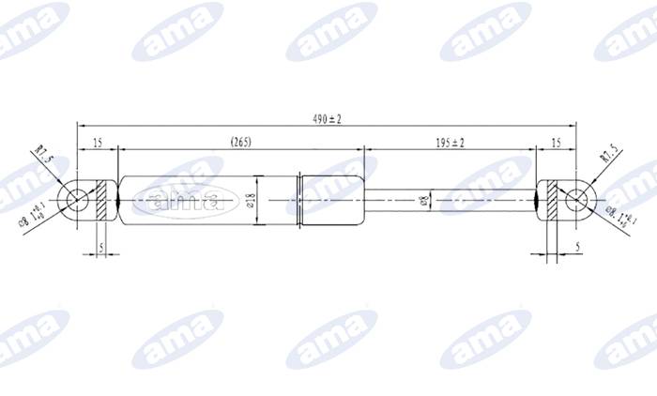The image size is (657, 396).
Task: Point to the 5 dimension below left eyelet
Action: click(x=99, y=248)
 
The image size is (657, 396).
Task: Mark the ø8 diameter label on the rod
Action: click(x=424, y=200)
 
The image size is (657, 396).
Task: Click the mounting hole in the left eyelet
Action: click(x=75, y=199)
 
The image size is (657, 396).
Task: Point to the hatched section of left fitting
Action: click(x=103, y=199)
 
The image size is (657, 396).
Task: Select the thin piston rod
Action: click(x=451, y=199)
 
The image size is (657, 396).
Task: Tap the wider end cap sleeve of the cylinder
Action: click(x=331, y=199)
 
